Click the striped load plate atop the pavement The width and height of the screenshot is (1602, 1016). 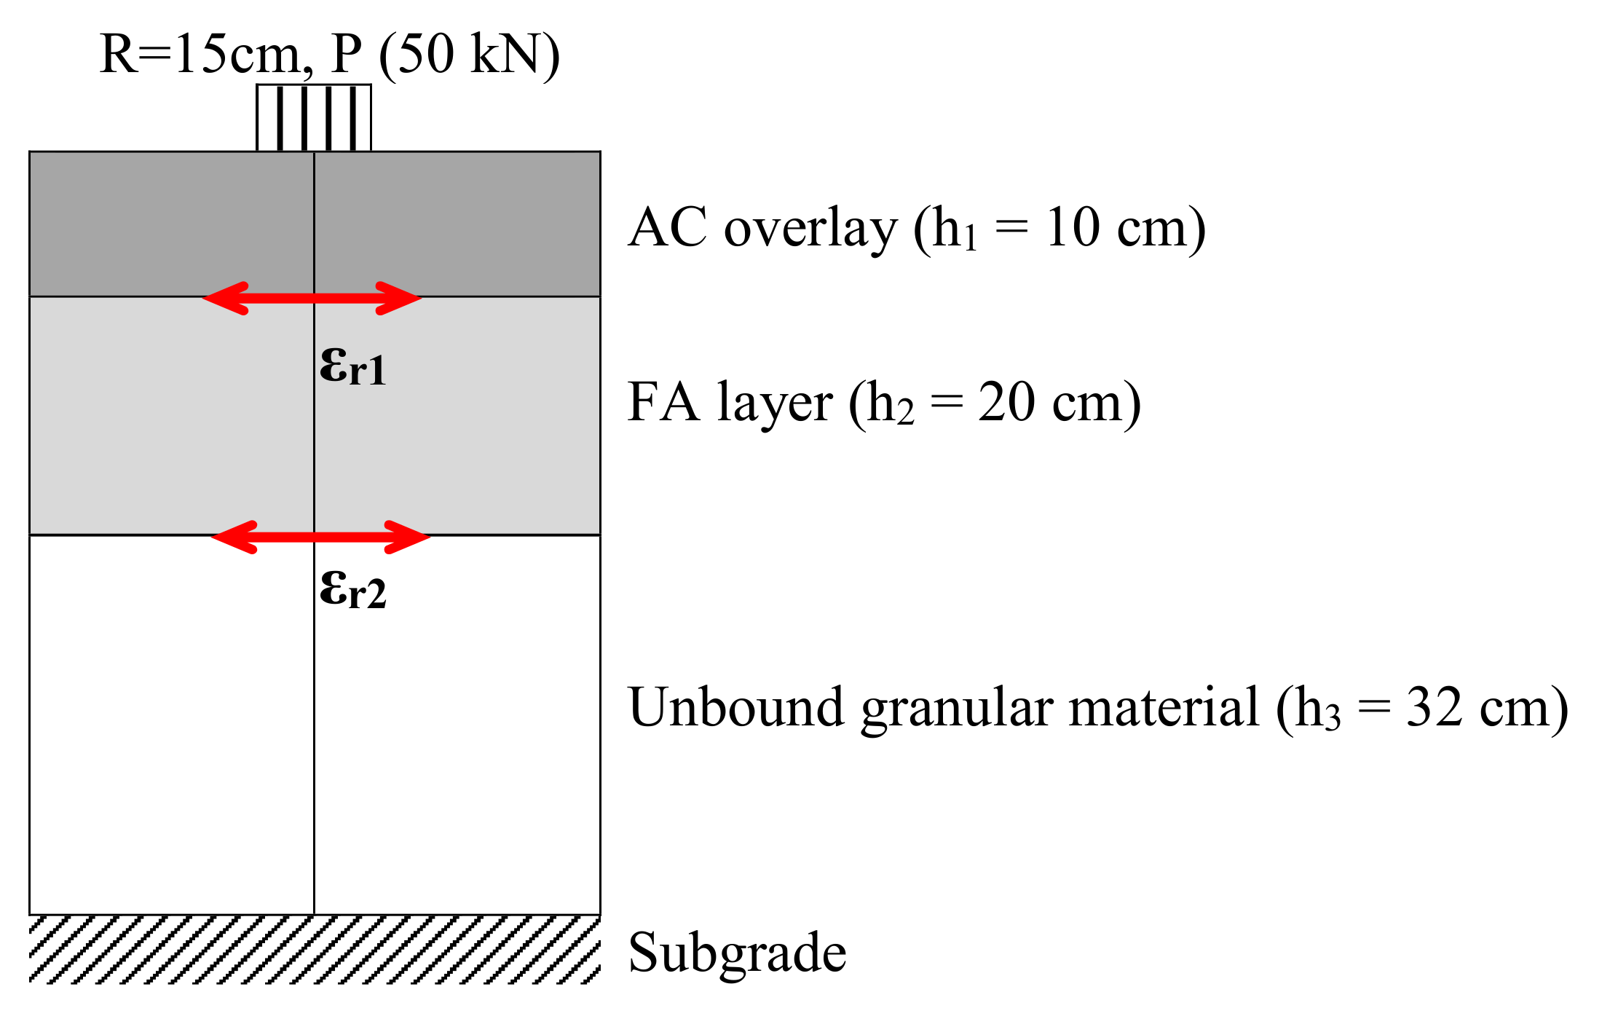(314, 118)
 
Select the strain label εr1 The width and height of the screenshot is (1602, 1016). (352, 366)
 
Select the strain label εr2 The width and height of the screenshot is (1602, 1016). (352, 589)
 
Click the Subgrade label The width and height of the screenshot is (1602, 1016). (737, 953)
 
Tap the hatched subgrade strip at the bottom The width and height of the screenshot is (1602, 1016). (315, 950)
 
